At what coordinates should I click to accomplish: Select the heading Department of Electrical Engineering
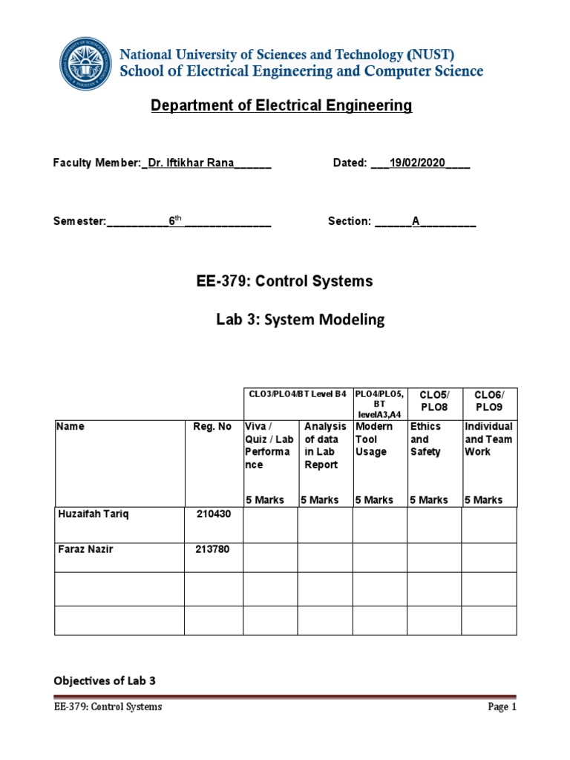click(281, 106)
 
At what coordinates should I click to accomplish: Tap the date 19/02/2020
click(419, 163)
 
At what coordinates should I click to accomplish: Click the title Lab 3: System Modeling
click(300, 320)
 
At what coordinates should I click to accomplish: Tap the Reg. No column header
click(214, 427)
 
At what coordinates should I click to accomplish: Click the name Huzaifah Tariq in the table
click(94, 515)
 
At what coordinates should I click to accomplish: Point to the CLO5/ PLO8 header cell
click(433, 402)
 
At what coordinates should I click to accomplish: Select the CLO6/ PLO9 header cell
click(488, 402)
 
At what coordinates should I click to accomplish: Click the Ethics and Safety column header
click(425, 439)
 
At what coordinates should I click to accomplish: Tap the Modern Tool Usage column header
click(374, 439)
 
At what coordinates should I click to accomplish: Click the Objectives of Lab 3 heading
click(105, 681)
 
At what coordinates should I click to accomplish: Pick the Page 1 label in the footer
click(501, 707)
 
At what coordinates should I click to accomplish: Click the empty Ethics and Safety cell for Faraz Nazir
click(434, 557)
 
